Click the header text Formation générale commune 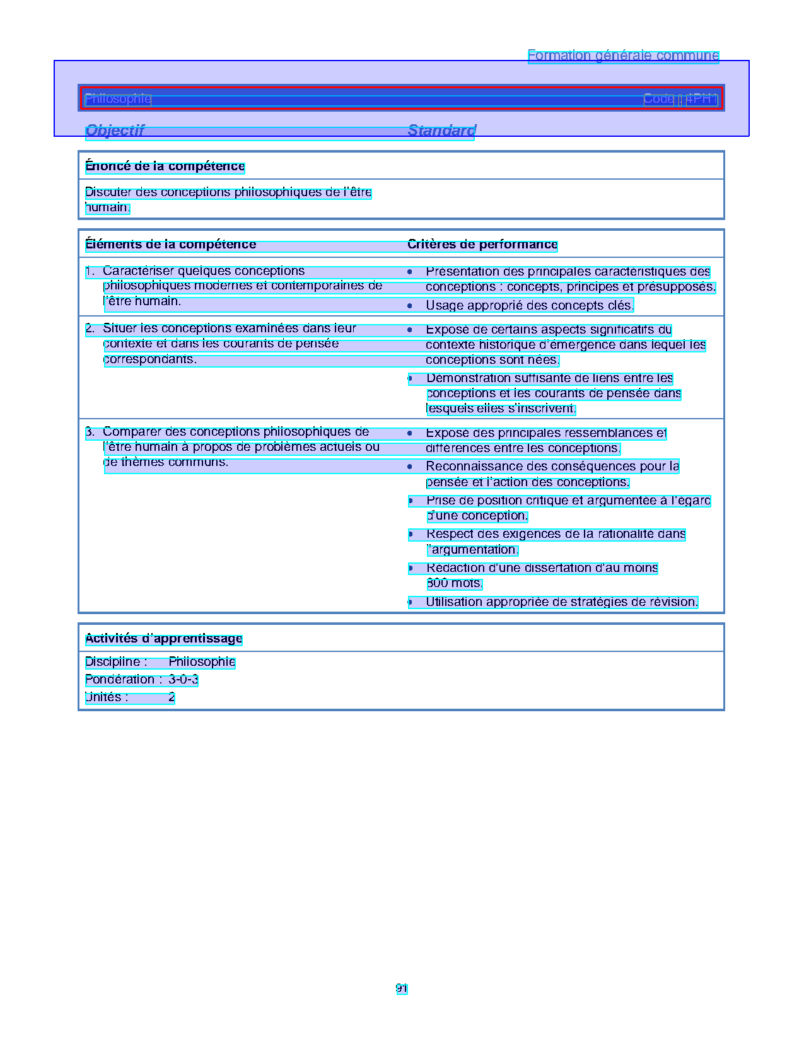(x=623, y=55)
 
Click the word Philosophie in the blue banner (x=118, y=99)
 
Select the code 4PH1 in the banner (x=701, y=99)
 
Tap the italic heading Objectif (x=115, y=131)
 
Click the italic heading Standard (x=441, y=131)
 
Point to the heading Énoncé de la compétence (x=165, y=166)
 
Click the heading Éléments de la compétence (x=170, y=245)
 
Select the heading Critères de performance (x=482, y=245)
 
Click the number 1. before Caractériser (x=90, y=272)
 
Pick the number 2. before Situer (x=90, y=329)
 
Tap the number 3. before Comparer (x=90, y=432)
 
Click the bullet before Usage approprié (x=410, y=306)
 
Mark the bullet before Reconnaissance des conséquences (x=410, y=467)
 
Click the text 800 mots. (x=454, y=583)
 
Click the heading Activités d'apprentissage (x=163, y=639)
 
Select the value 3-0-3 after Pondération (x=183, y=680)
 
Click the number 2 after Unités (x=172, y=697)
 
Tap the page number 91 (x=402, y=989)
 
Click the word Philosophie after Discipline (x=202, y=662)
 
